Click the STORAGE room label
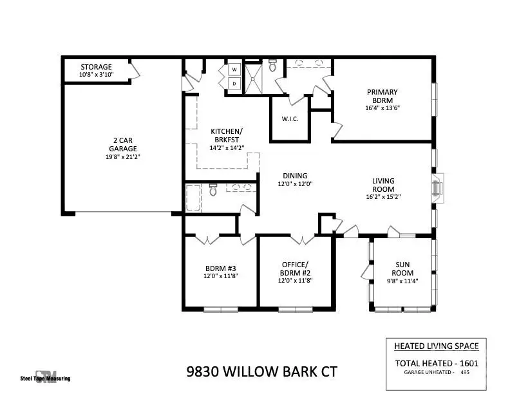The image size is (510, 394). point(96,67)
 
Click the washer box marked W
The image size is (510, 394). point(234,70)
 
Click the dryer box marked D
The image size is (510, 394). point(234,84)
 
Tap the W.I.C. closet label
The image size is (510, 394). point(289,118)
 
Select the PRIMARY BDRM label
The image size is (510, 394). point(382,96)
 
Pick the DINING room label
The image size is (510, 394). point(295,176)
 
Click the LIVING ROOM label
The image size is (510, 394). point(383,185)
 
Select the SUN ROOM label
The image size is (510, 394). point(404,268)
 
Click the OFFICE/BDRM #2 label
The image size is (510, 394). point(295,268)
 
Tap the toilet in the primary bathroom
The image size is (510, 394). point(272,65)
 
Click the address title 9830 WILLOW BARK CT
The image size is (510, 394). point(261,371)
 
